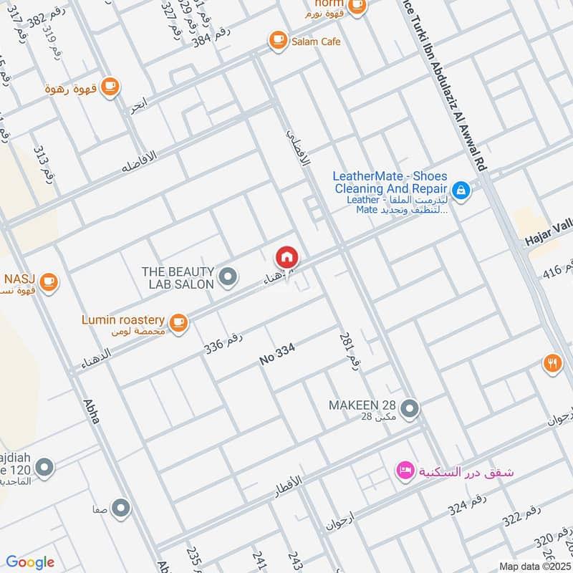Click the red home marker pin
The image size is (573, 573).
(x=286, y=257)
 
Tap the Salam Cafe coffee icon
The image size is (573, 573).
(x=276, y=42)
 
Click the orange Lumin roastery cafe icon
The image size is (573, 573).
(x=179, y=322)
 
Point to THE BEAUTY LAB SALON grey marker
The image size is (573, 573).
(x=228, y=276)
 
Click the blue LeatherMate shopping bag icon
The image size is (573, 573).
(x=462, y=190)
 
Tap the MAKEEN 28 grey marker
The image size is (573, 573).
(x=409, y=409)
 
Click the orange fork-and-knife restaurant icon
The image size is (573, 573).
(x=551, y=363)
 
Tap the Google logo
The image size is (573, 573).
(x=30, y=562)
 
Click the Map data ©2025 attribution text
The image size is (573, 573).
(x=534, y=566)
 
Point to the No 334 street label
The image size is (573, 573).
(x=277, y=355)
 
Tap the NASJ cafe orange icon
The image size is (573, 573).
(x=49, y=281)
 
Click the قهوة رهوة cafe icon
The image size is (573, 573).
(x=109, y=87)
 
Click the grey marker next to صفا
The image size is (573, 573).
(x=121, y=509)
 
